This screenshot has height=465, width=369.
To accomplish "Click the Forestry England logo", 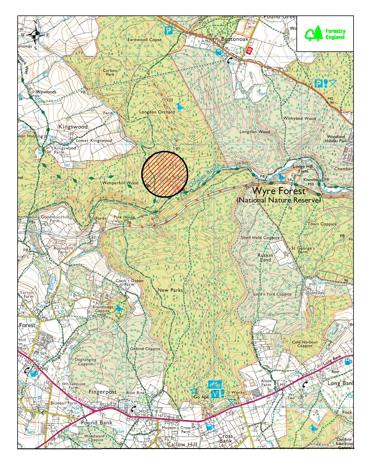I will click(x=325, y=34).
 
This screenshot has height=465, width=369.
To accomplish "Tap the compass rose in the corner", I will click(x=35, y=35).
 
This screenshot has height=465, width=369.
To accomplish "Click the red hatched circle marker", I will click(x=164, y=174).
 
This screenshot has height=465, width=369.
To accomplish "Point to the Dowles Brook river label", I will click(x=205, y=176).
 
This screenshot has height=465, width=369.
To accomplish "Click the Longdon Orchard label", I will click(x=157, y=112).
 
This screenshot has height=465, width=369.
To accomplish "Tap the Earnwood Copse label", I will click(x=145, y=39).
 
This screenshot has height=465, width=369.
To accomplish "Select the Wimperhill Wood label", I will click(x=120, y=183).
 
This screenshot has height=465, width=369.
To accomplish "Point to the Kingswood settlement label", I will click(x=73, y=127).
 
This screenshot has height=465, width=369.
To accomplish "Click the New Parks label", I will click(x=170, y=290).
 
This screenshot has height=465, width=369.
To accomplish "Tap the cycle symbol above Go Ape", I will click(x=215, y=384).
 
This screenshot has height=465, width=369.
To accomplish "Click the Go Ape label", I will click(x=201, y=397).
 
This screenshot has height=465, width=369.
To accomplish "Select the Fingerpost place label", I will click(x=103, y=392).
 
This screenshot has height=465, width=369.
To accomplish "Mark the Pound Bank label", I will click(x=97, y=423).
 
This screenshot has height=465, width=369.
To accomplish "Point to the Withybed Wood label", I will click(x=300, y=118).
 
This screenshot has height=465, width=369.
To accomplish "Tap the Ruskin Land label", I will click(x=265, y=257).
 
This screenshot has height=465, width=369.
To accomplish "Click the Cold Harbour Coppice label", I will click(x=305, y=344).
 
